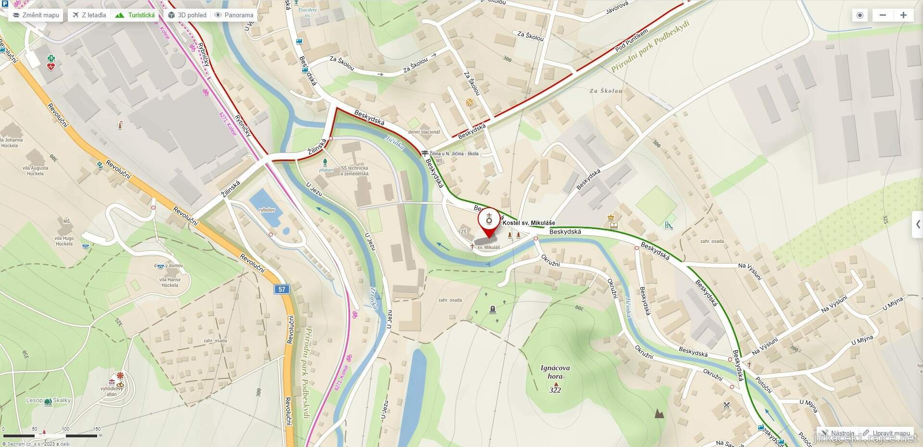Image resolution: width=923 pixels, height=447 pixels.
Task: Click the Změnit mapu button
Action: pyautogui.click(x=36, y=15)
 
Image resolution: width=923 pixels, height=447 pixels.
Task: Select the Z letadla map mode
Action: pyautogui.click(x=89, y=15)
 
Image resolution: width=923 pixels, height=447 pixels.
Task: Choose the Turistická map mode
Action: pyautogui.click(x=135, y=15)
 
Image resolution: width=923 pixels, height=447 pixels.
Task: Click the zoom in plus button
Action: pyautogui.click(x=903, y=15)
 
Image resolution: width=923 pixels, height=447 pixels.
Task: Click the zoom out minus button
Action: pyautogui.click(x=883, y=15)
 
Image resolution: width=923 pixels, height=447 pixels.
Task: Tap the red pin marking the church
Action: pyautogui.click(x=489, y=222)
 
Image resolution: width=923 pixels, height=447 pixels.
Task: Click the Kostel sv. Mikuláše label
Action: pyautogui.click(x=529, y=223)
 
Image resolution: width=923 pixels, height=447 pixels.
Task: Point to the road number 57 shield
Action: pyautogui.click(x=282, y=289)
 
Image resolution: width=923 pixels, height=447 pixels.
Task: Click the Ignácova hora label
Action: pyautogui.click(x=555, y=372)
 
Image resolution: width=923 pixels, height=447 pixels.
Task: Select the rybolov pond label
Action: pyautogui.click(x=267, y=210)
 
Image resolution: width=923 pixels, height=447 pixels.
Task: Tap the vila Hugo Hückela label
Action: pyautogui.click(x=64, y=241)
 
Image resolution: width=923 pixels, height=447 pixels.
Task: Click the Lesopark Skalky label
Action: pyautogui.click(x=49, y=400)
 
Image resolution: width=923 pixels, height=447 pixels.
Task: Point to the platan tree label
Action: pyautogui.click(x=326, y=170)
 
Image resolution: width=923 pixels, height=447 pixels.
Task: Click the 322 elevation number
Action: pyautogui.click(x=555, y=390)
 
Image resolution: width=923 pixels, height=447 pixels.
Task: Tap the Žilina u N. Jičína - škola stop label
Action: pyautogui.click(x=454, y=154)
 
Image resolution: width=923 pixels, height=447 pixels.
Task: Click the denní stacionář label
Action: pyautogui.click(x=424, y=132)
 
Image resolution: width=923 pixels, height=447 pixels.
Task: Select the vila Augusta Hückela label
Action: pyautogui.click(x=36, y=171)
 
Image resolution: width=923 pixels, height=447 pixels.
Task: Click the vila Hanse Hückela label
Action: pyautogui.click(x=170, y=282)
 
